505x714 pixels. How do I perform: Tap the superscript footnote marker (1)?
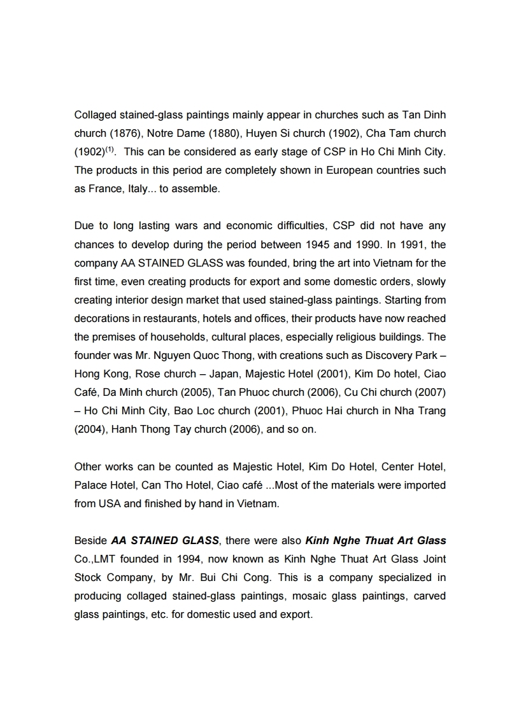coord(110,150)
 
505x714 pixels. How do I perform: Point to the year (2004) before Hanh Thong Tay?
coord(90,429)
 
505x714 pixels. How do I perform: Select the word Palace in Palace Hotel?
coord(91,485)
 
